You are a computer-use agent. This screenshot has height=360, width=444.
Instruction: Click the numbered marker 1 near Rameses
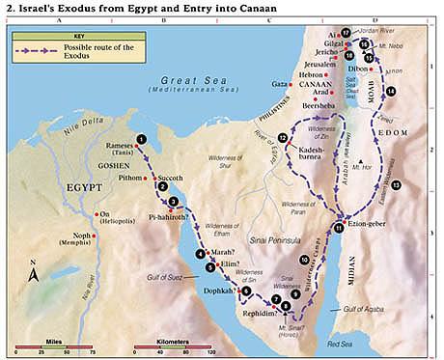(x=142, y=139)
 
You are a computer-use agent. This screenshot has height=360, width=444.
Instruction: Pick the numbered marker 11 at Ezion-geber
(x=339, y=228)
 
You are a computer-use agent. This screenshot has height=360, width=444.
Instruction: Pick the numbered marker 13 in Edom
(x=395, y=183)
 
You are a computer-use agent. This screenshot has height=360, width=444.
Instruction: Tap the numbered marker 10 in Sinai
(x=304, y=260)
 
